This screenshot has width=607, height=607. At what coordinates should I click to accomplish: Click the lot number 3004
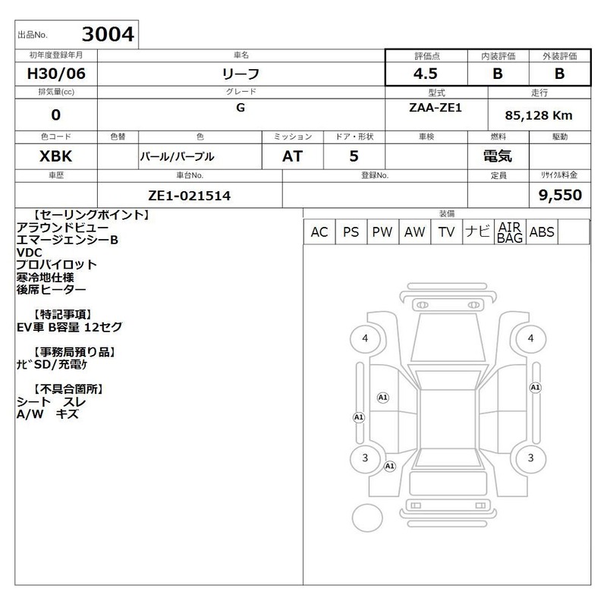tap(108, 34)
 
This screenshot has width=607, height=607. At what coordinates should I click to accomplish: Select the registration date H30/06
tap(56, 74)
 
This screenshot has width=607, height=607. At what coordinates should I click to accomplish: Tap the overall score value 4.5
tap(426, 74)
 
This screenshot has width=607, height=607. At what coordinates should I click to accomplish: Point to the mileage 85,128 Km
tap(539, 115)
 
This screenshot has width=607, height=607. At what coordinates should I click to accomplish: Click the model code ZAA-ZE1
tap(436, 108)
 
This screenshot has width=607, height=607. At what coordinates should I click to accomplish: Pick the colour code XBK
tap(55, 156)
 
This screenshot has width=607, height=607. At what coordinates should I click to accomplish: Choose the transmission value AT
tap(292, 156)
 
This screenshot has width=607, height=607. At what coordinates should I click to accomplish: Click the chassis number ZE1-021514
tap(189, 196)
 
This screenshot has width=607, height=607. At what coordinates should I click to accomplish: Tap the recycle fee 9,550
tap(560, 195)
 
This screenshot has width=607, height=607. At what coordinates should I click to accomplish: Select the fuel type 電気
tap(498, 156)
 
